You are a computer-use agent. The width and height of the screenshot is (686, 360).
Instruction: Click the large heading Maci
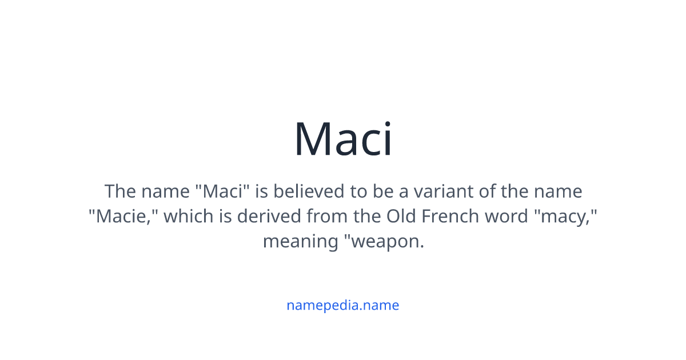343,139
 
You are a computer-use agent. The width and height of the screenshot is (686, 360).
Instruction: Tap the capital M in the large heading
312,139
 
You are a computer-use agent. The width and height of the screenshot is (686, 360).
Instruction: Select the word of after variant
487,191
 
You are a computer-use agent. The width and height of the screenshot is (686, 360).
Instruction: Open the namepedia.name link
343,305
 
